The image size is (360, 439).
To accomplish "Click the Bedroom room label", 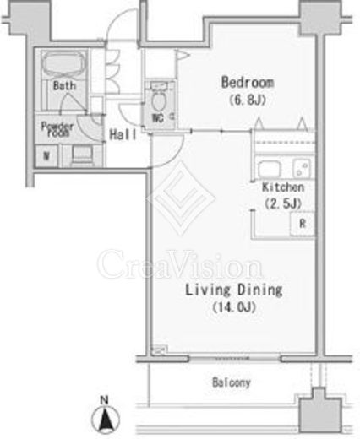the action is (248, 83).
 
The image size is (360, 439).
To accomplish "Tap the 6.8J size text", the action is (248, 100).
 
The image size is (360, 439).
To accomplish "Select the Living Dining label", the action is (233, 290).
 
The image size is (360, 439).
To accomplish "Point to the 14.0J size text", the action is (234, 307).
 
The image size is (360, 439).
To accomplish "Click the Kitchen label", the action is (283, 187).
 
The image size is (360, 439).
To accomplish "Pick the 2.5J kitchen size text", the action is (283, 203).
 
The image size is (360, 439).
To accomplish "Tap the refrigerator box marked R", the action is (303, 224).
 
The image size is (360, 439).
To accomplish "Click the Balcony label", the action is (232, 382).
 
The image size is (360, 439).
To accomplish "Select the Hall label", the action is (123, 134).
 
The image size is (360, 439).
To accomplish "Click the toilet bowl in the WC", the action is (158, 100).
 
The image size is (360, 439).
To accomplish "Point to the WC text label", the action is (158, 118).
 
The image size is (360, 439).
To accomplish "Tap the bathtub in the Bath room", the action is (64, 64).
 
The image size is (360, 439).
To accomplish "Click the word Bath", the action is (64, 85).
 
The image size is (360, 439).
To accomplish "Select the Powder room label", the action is (57, 129).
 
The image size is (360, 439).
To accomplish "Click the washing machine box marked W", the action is (46, 155).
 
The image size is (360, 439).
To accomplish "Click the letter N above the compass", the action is (105, 400).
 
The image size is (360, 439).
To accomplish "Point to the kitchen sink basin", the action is (270, 170).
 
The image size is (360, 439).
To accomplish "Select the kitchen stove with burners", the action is (302, 169).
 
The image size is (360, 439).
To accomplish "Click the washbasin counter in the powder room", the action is (82, 155).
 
